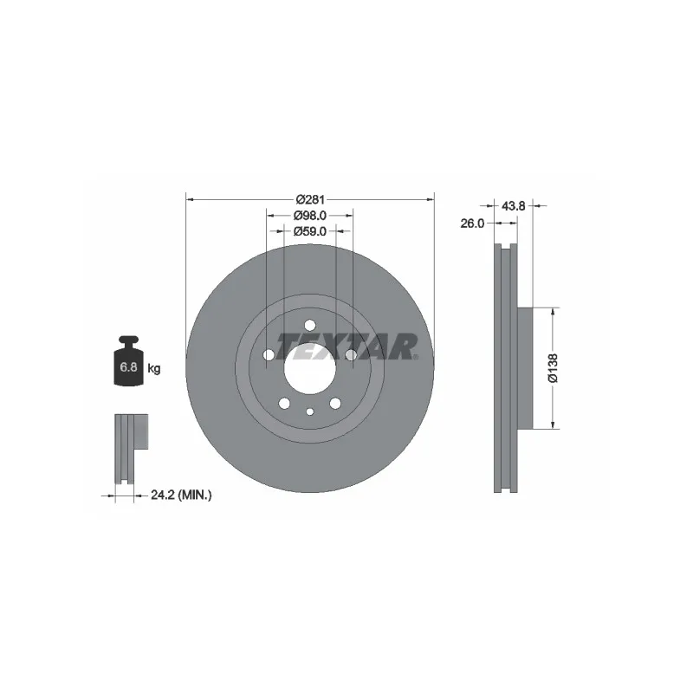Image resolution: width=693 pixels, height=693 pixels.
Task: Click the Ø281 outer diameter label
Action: (310, 200)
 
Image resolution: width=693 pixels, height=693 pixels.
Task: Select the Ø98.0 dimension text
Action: (310, 216)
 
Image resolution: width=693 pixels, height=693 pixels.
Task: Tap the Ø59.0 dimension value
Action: (310, 231)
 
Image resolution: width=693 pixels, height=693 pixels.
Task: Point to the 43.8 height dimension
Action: (513, 206)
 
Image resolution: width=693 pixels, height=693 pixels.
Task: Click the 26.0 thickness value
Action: (472, 223)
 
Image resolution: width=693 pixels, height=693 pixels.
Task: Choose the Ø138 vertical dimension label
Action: (553, 367)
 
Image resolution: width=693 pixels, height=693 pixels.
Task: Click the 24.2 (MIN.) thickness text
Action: (181, 495)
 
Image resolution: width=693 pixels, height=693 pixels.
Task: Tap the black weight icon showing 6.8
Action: (128, 360)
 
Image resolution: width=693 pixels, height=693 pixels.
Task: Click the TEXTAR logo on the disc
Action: (347, 347)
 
